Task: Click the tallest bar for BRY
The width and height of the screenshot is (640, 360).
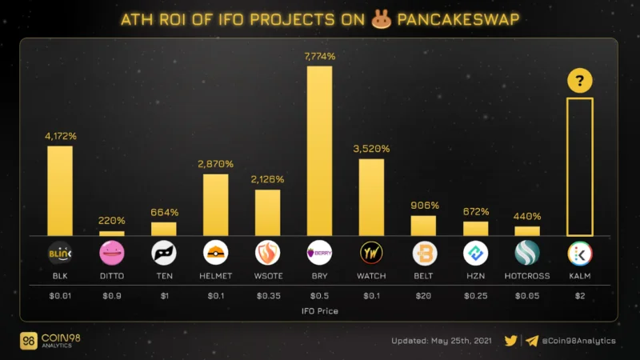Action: pyautogui.click(x=319, y=151)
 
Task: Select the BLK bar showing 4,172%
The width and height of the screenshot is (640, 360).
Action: pyautogui.click(x=60, y=191)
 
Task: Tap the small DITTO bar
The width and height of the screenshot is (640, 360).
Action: pyautogui.click(x=112, y=234)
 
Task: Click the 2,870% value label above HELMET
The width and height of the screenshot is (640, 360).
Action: pyautogui.click(x=215, y=164)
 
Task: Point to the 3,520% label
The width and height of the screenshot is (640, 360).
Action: pyautogui.click(x=371, y=149)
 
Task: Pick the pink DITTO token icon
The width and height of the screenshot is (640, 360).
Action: pyautogui.click(x=112, y=253)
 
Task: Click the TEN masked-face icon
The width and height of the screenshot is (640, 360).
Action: pyautogui.click(x=164, y=253)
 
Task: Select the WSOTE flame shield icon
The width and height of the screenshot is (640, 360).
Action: pyautogui.click(x=268, y=253)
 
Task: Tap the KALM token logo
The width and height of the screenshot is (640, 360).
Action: pyautogui.click(x=580, y=254)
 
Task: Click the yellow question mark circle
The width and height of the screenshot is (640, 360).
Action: pyautogui.click(x=579, y=81)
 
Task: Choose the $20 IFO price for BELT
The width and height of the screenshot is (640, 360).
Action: pyautogui.click(x=423, y=296)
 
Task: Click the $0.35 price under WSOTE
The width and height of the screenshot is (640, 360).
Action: pyautogui.click(x=269, y=296)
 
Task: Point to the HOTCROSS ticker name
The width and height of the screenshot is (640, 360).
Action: pyautogui.click(x=527, y=276)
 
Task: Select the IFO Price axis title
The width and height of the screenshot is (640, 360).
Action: pyautogui.click(x=319, y=311)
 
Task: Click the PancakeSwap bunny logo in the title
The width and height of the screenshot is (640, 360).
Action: pyautogui.click(x=382, y=18)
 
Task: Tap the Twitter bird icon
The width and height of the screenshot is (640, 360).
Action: pyautogui.click(x=510, y=341)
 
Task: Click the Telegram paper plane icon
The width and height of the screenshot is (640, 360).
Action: pyautogui.click(x=532, y=341)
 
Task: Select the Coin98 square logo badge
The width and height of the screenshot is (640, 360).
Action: pyautogui.click(x=28, y=341)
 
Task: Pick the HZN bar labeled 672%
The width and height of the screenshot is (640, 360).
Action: pyautogui.click(x=475, y=229)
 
